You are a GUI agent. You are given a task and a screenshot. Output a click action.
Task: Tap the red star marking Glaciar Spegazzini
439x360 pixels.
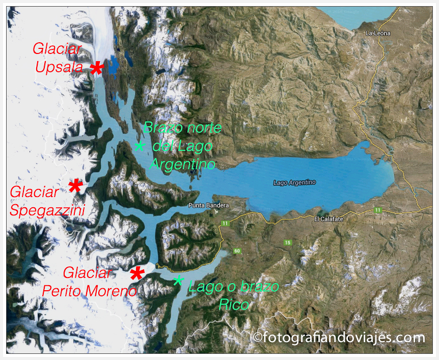click(x=75, y=186)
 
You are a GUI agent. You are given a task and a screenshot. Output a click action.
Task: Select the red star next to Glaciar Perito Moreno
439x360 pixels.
click(x=136, y=273)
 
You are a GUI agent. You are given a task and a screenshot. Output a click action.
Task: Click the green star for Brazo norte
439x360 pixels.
click(x=140, y=146)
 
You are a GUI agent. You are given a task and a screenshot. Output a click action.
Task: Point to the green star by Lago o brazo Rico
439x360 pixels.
click(x=178, y=281)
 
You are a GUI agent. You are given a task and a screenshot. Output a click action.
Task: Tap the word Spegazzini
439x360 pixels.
click(x=46, y=210)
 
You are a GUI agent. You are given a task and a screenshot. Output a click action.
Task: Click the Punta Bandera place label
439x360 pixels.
click(x=209, y=206)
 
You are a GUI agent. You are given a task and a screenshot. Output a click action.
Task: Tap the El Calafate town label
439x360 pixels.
click(x=329, y=219)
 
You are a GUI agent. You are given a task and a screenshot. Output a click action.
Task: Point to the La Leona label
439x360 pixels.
click(x=378, y=33)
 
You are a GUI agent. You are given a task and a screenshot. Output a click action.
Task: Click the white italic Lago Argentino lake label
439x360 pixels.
click(x=294, y=182)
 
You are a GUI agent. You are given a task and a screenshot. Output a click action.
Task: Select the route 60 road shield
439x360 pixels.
click(x=236, y=251)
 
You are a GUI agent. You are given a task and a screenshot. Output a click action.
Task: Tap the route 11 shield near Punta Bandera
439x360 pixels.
click(x=225, y=224)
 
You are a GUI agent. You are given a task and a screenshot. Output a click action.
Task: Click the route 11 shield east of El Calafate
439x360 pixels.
click(x=377, y=210)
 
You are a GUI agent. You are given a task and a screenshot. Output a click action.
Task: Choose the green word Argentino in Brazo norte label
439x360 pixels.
click(x=182, y=164)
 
